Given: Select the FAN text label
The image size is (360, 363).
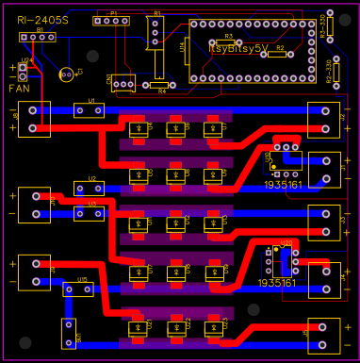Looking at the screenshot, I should tap(20, 88).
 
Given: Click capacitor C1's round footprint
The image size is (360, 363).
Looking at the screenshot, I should tap(66, 74).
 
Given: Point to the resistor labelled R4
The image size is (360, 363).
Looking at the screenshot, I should tap(162, 86).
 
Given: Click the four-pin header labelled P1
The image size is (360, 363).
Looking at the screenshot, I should tap(112, 20).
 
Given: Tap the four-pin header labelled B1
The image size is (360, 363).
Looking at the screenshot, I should tap(38, 37).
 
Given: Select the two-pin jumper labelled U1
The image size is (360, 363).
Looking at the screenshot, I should tap(90, 110).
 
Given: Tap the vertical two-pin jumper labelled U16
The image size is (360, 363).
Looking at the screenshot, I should tap(69, 331).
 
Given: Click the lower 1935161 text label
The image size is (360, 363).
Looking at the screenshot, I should tap(276, 282).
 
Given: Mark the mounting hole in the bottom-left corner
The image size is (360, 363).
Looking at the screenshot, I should tap(9, 353).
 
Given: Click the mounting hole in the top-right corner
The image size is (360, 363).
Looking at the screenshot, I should tap(350, 9).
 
